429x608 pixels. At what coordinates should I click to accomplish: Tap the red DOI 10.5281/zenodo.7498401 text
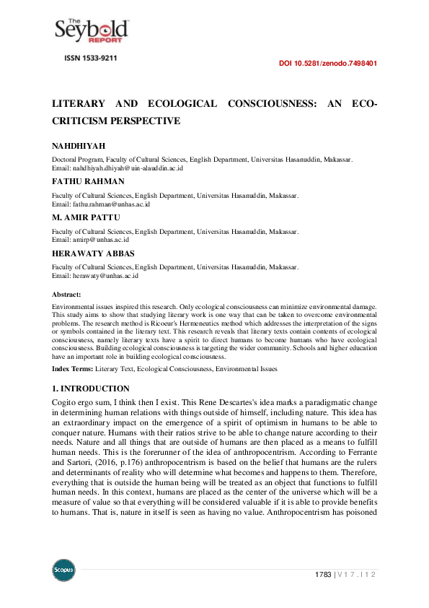click(x=327, y=64)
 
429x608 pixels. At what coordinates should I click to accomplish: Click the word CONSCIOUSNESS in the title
click(x=267, y=104)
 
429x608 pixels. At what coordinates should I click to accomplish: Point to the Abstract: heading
click(x=67, y=295)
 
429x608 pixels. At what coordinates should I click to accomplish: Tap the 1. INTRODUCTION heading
click(x=91, y=388)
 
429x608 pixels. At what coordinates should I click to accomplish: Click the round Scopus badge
click(x=63, y=571)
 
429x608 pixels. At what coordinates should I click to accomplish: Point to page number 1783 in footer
click(x=323, y=574)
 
